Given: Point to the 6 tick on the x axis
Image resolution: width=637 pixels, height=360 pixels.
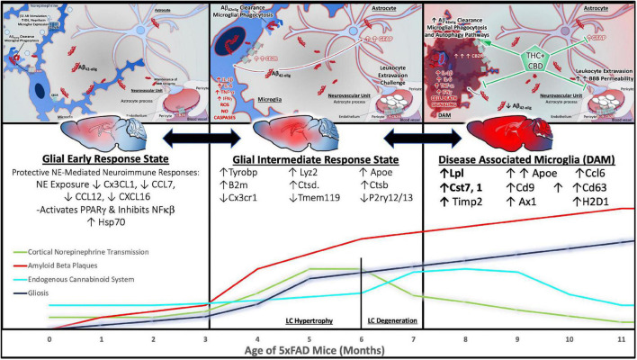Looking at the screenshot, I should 362,341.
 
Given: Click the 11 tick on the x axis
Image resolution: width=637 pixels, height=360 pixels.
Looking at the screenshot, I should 621,341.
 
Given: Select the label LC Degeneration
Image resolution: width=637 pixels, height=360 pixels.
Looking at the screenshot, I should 392,319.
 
